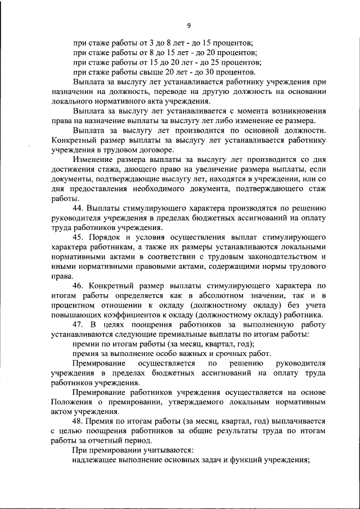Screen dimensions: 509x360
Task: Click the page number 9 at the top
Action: point(189,25)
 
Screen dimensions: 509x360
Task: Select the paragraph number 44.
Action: point(78,209)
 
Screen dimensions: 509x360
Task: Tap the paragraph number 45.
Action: point(78,238)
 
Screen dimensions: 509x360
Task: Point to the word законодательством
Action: point(281,256)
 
